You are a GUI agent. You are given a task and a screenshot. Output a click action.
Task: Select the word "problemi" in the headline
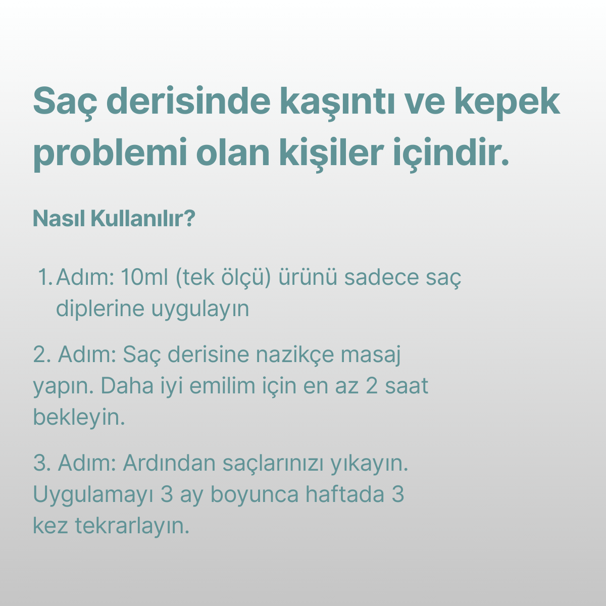(111, 154)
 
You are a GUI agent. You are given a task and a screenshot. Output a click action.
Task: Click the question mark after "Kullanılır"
(189, 218)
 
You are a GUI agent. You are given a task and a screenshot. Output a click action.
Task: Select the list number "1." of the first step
(45, 277)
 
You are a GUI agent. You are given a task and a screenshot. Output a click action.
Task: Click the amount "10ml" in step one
(144, 277)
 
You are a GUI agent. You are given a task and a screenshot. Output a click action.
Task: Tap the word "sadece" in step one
(381, 277)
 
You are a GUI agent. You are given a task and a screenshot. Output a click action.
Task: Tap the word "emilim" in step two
(222, 386)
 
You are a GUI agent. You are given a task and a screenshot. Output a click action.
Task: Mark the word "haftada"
(345, 494)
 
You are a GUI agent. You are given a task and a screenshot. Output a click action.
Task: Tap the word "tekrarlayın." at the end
(132, 526)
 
